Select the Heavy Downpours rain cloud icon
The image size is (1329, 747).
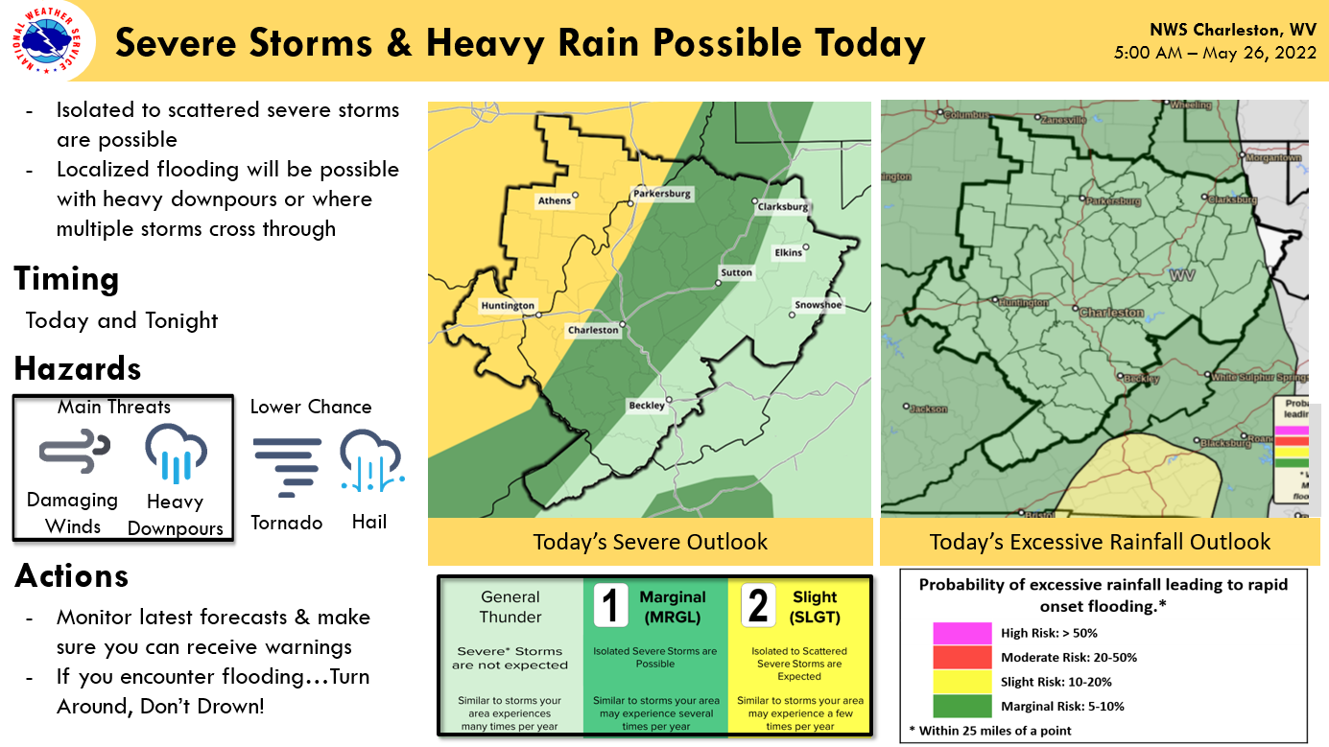click(176, 453)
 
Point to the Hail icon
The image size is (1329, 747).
click(370, 461)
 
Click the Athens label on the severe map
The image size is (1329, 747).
click(555, 200)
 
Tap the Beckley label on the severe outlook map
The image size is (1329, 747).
click(646, 406)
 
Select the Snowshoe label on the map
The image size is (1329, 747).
click(818, 306)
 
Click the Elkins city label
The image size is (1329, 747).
click(789, 252)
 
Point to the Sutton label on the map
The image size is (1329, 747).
click(737, 273)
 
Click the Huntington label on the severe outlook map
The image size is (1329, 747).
click(508, 306)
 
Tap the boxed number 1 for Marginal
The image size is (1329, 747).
click(611, 606)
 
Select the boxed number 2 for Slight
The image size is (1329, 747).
click(757, 606)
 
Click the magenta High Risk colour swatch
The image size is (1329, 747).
click(961, 633)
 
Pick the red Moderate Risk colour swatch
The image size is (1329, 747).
click(961, 657)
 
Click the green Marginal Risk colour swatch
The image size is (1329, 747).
click(961, 706)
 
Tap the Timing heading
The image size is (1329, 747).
click(66, 279)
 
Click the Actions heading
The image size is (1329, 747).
click(71, 575)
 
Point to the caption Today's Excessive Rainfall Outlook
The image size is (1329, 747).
click(1100, 542)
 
